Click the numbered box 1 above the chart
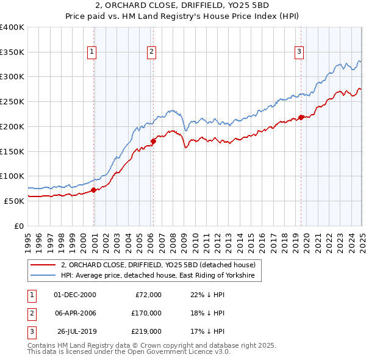pyautogui.click(x=91, y=52)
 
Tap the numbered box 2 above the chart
pyautogui.click(x=151, y=52)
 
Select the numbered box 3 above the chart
pyautogui.click(x=300, y=52)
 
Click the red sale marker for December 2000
pyautogui.click(x=94, y=190)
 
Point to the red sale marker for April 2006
pyautogui.click(x=153, y=142)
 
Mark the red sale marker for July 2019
pyautogui.click(x=301, y=117)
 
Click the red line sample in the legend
pyautogui.click(x=43, y=265)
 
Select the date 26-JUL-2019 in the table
pyautogui.click(x=77, y=331)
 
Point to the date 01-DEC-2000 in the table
pyautogui.click(x=75, y=295)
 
